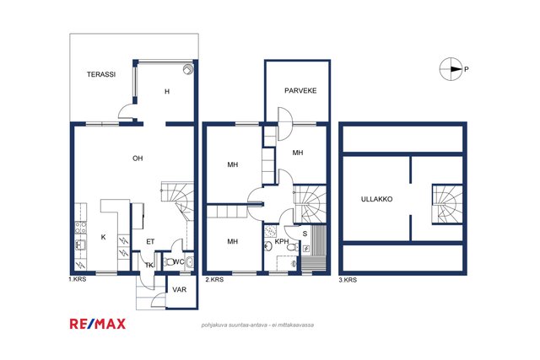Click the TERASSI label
tap(101, 74)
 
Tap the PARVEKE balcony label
tap(300, 91)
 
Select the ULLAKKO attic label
tap(376, 199)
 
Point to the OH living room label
tap(138, 159)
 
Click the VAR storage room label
tap(180, 290)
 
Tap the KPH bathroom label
tap(281, 242)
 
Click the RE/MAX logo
tap(98, 324)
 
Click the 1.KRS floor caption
tap(77, 279)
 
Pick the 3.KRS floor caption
tap(348, 280)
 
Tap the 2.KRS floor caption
tap(214, 279)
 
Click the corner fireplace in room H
tap(187, 69)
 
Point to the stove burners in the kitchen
tap(81, 228)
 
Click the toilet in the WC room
tap(169, 262)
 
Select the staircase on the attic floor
tap(447, 204)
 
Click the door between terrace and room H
tap(126, 111)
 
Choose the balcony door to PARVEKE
tap(285, 124)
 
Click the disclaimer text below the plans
tap(257, 325)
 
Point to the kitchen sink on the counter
tap(80, 244)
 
